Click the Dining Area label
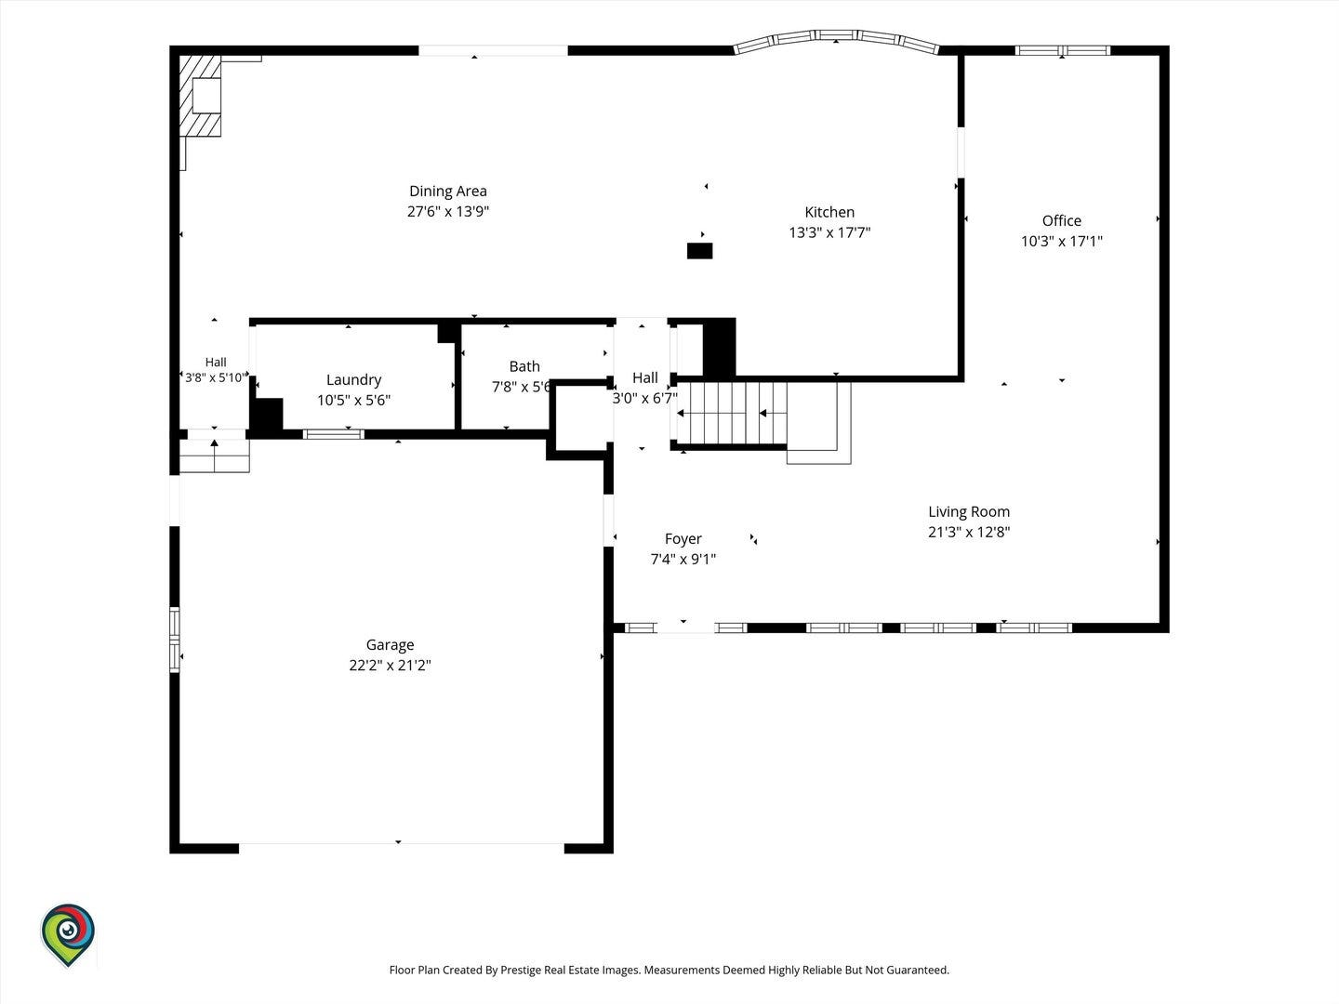448,192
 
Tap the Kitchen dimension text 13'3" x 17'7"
829,232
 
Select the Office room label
1062,220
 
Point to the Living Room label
969,512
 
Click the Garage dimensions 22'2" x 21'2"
390,665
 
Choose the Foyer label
683,539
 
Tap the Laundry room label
354,380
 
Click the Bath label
524,366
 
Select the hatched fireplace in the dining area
200,97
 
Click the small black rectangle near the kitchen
699,251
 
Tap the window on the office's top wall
1062,50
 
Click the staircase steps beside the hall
732,414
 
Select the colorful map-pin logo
68,934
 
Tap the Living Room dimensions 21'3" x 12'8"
969,532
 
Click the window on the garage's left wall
175,641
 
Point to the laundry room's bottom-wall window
334,435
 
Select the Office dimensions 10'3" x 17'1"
1062,242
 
